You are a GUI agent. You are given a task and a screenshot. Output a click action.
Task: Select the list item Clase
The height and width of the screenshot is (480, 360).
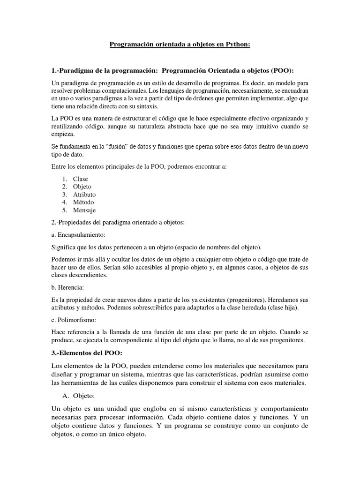[x=80, y=179]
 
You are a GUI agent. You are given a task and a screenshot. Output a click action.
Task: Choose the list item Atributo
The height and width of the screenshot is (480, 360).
[x=84, y=195]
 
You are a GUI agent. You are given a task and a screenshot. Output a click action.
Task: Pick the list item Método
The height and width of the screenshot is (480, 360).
[x=83, y=202]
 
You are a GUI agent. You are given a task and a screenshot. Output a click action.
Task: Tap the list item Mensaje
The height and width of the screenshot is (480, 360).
[x=84, y=210]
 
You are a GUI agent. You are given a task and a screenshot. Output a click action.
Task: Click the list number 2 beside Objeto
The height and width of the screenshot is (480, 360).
[x=65, y=187]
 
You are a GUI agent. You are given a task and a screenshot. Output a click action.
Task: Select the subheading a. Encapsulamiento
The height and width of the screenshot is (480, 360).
[x=78, y=234]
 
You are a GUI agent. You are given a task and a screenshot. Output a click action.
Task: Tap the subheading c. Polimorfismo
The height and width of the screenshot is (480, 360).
[x=74, y=320]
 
